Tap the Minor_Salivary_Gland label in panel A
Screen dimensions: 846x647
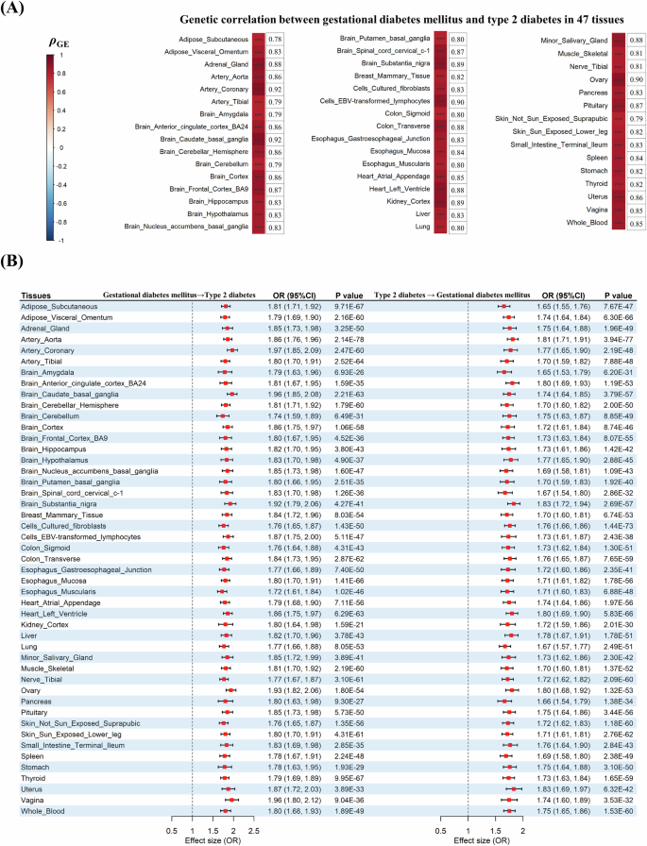tap(565, 42)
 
